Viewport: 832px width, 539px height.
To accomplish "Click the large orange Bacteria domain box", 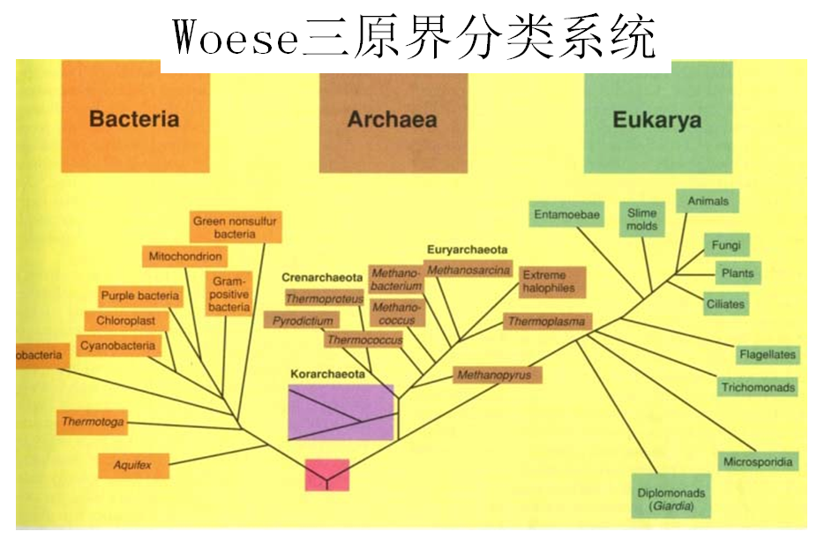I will (135, 119).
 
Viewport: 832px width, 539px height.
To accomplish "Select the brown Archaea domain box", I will (393, 120).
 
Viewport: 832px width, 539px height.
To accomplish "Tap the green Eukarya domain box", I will (658, 120).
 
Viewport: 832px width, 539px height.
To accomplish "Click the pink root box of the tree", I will (327, 475).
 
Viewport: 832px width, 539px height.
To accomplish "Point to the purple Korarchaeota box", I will (341, 412).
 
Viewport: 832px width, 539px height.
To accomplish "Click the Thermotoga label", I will (93, 422).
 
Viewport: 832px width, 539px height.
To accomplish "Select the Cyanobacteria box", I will (117, 346).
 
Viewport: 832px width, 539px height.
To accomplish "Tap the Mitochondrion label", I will (185, 257).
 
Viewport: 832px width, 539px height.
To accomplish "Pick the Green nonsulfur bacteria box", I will (235, 228).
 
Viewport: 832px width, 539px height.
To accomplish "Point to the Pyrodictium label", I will (303, 321).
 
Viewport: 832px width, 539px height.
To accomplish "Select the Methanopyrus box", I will (494, 375).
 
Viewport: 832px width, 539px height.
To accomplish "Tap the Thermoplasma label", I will (546, 321).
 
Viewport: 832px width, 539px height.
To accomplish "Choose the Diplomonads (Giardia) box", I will (671, 499).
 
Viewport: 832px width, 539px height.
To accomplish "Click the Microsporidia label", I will (758, 461).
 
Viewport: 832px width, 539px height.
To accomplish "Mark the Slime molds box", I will (642, 219).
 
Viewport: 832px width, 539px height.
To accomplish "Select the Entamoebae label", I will (566, 213).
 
